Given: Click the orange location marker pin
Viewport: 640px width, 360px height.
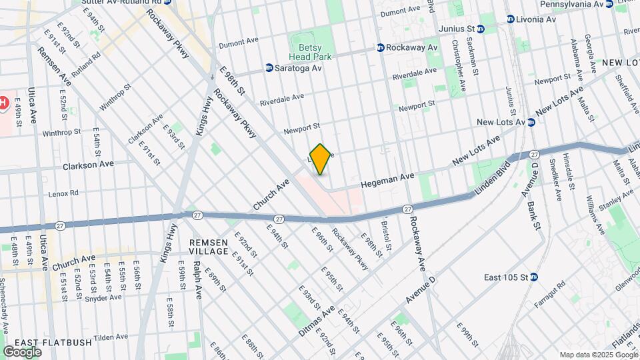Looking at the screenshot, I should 320,159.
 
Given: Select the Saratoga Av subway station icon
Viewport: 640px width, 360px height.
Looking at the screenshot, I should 269,68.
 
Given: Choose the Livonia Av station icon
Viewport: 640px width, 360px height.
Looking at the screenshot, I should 511,19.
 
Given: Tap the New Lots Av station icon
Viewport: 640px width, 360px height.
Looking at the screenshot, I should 531,122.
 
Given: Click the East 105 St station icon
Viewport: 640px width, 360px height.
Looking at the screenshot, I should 534,277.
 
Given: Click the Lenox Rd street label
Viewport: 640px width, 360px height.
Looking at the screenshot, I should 64,193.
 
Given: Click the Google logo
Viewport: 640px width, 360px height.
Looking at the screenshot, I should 22,351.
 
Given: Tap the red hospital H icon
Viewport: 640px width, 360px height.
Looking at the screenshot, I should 3,103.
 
